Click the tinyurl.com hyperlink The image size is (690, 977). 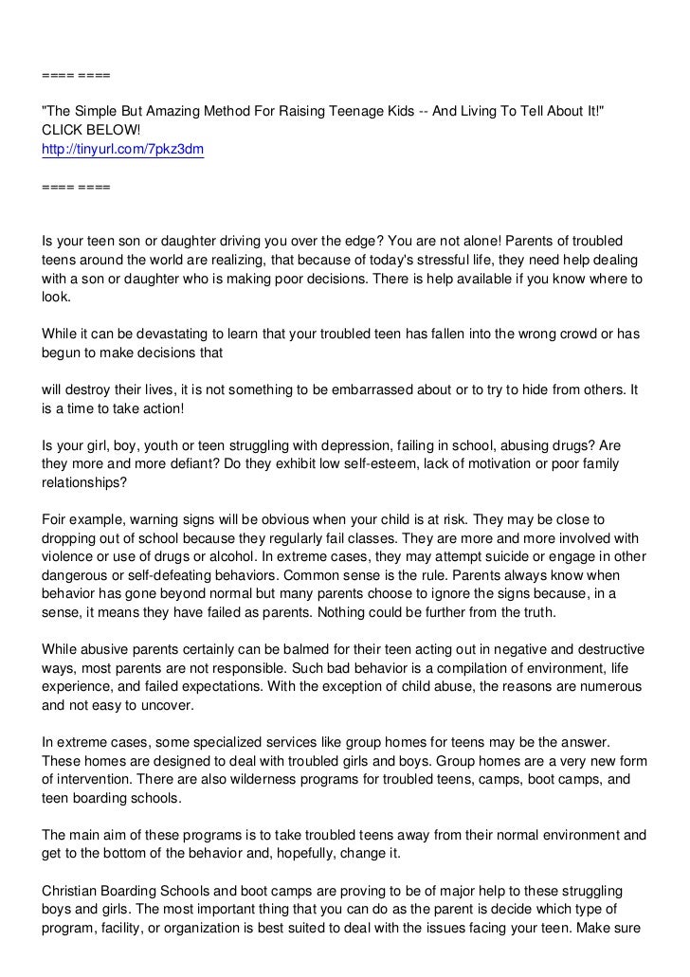pyautogui.click(x=123, y=149)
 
